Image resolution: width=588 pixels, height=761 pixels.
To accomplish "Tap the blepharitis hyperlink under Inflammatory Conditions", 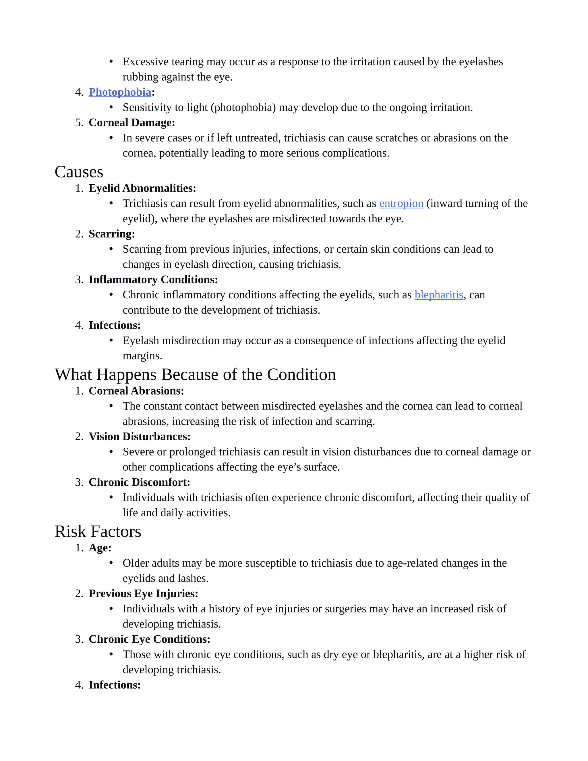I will click(439, 295).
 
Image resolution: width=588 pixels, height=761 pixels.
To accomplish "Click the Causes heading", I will click(79, 172).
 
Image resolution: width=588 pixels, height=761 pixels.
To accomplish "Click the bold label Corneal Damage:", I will click(132, 123).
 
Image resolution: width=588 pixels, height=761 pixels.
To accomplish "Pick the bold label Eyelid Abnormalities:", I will click(142, 188).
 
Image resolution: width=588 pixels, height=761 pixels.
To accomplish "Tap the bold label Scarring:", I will click(111, 234).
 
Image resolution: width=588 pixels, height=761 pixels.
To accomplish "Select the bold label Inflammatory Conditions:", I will click(153, 279).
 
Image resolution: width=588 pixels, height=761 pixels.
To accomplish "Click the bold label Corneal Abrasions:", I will click(136, 391).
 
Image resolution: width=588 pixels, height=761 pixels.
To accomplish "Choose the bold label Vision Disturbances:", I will click(139, 436).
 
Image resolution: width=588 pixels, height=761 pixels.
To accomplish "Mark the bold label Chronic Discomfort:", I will click(139, 482).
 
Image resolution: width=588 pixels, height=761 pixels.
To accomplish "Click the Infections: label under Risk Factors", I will click(115, 685).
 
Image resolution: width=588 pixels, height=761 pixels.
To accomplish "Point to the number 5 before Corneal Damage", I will click(78, 123).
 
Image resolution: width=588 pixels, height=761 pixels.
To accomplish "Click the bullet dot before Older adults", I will click(111, 563).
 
